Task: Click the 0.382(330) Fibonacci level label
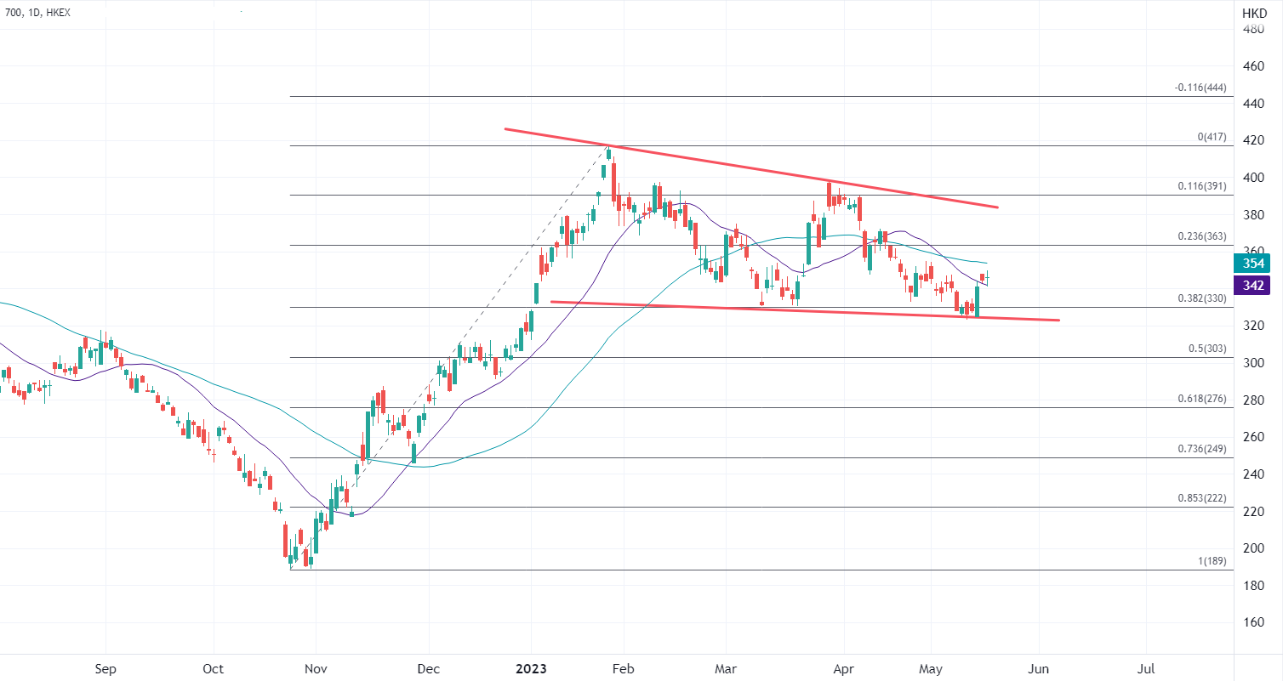click(1201, 298)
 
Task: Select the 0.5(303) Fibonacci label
click(1207, 349)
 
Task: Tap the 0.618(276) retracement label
click(1201, 399)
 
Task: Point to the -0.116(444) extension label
click(1200, 88)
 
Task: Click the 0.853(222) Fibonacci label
click(1201, 498)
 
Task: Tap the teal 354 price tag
click(1252, 264)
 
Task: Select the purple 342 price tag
click(1252, 286)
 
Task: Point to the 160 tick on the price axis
click(1253, 621)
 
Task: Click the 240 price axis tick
click(1253, 474)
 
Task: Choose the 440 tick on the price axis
click(1253, 104)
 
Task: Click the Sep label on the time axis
click(105, 668)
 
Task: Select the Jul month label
click(1146, 668)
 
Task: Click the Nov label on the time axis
click(315, 668)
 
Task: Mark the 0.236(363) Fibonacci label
click(1201, 236)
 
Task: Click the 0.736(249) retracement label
click(1201, 449)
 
